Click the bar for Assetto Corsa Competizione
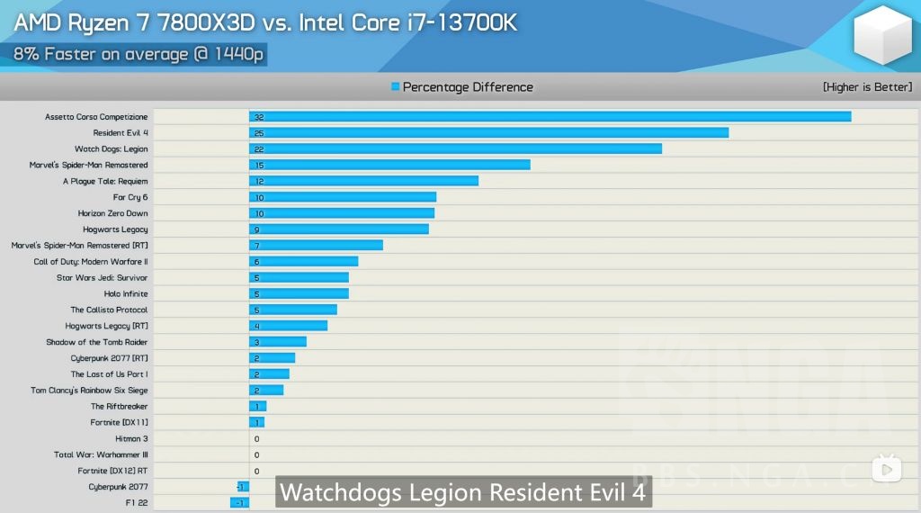click(550, 117)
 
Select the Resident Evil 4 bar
click(488, 133)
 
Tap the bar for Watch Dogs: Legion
click(455, 149)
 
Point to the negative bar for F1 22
click(239, 503)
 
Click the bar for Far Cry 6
click(343, 197)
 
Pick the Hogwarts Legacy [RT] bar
click(288, 326)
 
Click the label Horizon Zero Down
click(112, 213)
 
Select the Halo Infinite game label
click(126, 294)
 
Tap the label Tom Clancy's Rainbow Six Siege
click(89, 391)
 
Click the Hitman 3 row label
click(131, 439)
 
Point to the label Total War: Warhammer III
click(101, 455)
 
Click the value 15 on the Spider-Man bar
click(259, 166)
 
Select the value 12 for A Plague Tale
click(259, 182)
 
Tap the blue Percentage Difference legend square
click(395, 87)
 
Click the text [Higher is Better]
click(867, 87)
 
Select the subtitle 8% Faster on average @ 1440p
click(139, 54)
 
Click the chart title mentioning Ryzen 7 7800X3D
click(265, 22)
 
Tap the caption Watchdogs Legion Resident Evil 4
click(462, 493)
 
